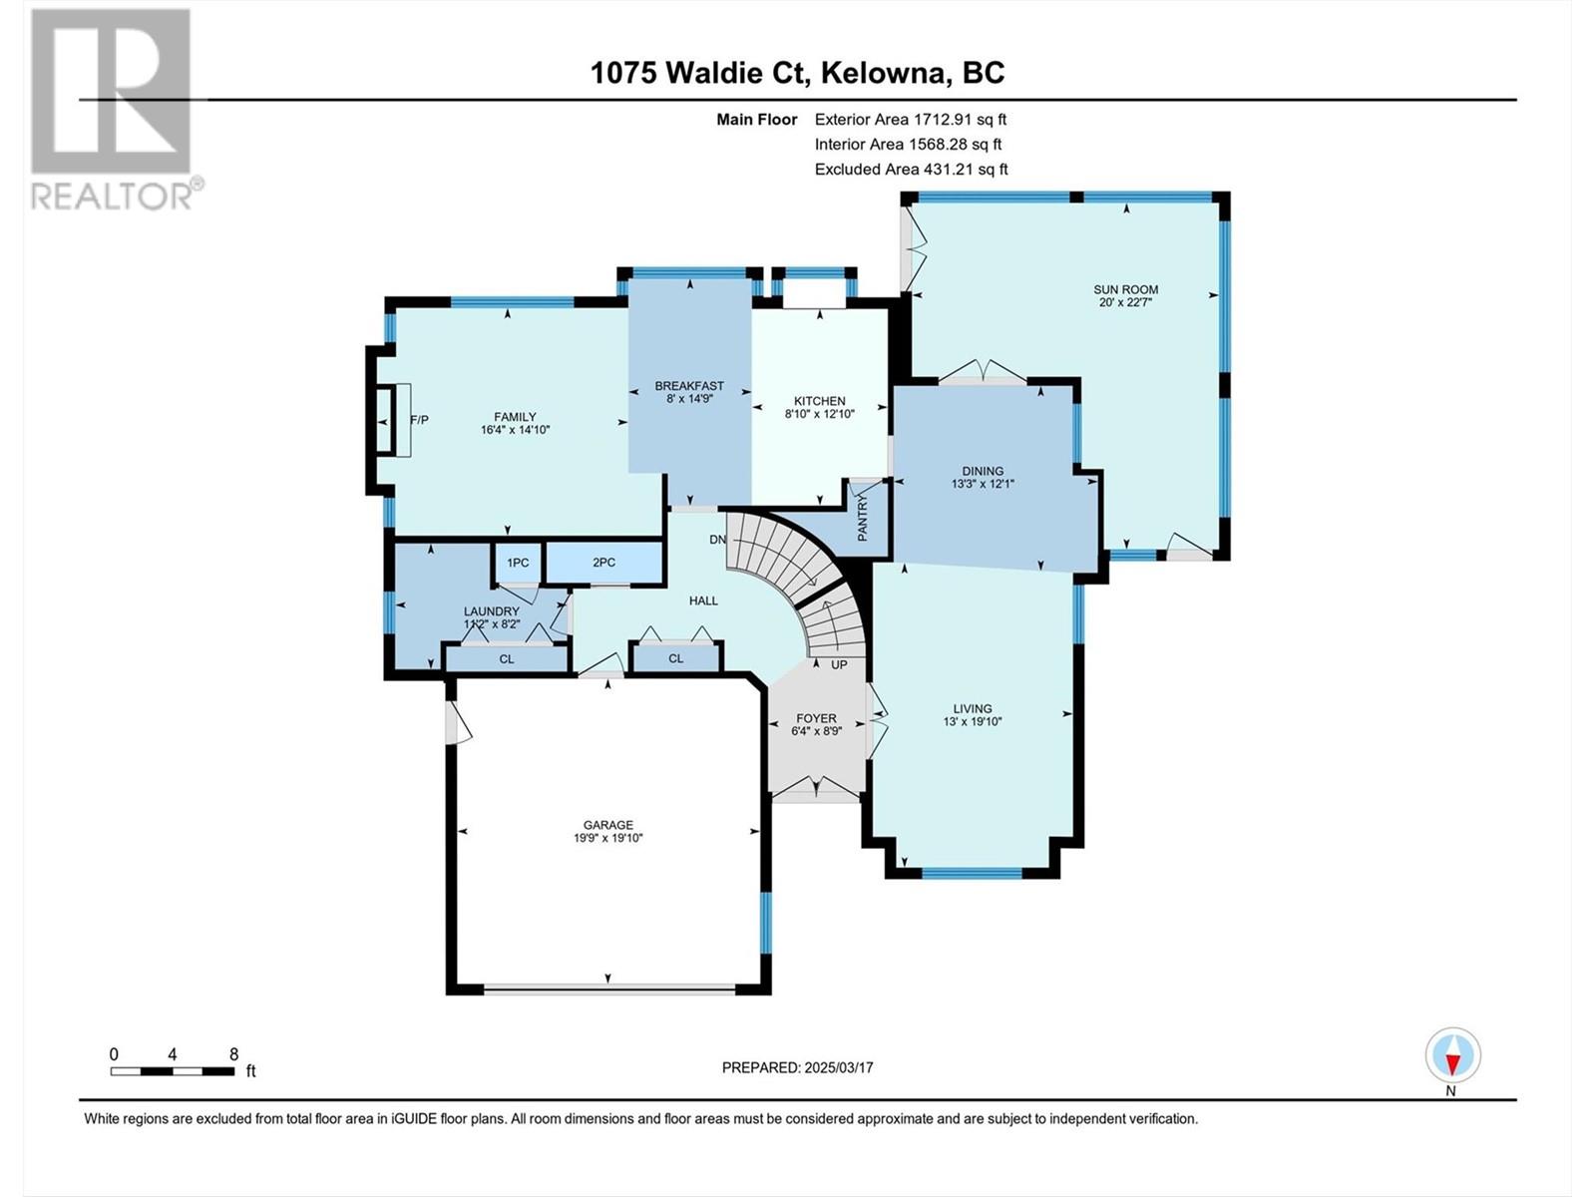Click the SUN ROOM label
click(x=1125, y=289)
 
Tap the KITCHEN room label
click(x=820, y=401)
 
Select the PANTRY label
click(x=863, y=518)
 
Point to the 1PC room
click(x=518, y=563)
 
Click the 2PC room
click(x=604, y=563)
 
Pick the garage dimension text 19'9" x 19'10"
click(x=608, y=838)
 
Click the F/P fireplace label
click(x=420, y=420)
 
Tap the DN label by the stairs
click(x=717, y=540)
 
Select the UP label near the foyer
click(x=839, y=664)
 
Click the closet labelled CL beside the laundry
click(x=507, y=658)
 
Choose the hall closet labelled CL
click(x=676, y=658)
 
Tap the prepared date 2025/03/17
click(x=838, y=1067)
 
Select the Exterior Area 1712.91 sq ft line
click(x=911, y=119)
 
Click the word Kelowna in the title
click(x=887, y=73)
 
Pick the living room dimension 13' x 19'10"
click(x=973, y=721)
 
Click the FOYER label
click(x=817, y=718)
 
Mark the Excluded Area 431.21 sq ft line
click(x=911, y=170)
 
